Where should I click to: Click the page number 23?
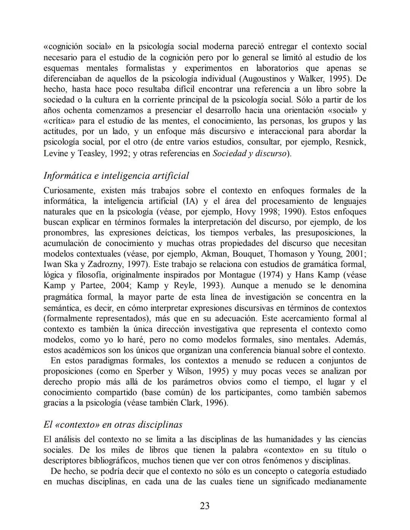pyautogui.click(x=205, y=506)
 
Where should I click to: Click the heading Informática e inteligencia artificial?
pyautogui.click(x=116, y=176)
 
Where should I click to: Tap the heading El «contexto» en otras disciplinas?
pyautogui.click(x=113, y=424)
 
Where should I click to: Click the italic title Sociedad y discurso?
pyautogui.click(x=249, y=154)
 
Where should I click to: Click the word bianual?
pyautogui.click(x=281, y=350)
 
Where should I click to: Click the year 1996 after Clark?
pyautogui.click(x=216, y=403)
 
